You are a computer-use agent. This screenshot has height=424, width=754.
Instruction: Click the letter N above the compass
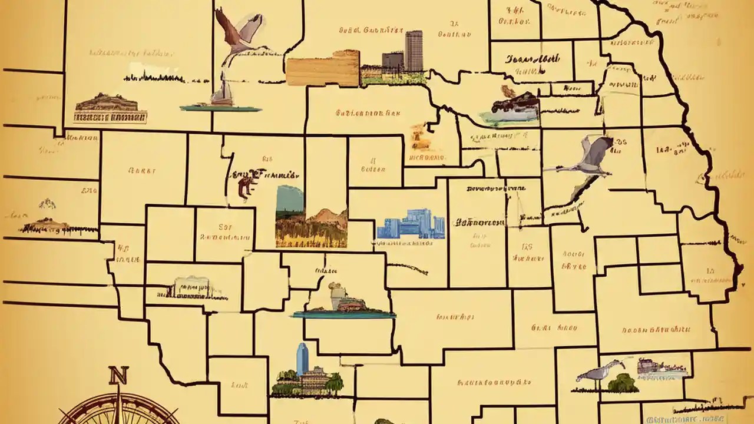(118, 375)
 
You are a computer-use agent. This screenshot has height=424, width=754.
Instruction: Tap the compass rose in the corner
(118, 409)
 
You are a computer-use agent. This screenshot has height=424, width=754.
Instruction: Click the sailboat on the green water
(222, 97)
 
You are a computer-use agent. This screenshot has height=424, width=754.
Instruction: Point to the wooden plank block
(323, 68)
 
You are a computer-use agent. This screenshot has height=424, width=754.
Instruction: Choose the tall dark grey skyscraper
(414, 51)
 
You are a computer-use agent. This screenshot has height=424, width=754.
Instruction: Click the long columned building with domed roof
(110, 108)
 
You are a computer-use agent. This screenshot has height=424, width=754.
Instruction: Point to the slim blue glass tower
(302, 359)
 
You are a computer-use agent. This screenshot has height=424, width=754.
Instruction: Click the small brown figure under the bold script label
(244, 187)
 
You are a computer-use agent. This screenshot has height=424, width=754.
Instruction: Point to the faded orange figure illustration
(420, 137)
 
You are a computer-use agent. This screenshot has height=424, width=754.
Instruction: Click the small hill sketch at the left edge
(47, 204)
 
